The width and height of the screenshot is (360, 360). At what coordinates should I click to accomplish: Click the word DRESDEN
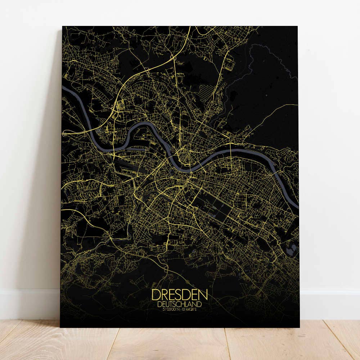[180, 295]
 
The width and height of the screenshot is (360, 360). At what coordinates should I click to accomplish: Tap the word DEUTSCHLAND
[180, 305]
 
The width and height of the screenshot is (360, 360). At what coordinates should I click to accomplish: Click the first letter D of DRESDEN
[156, 295]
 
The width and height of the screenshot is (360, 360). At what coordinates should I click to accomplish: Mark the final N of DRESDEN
[203, 295]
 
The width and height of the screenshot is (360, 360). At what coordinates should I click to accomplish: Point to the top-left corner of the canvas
[62, 26]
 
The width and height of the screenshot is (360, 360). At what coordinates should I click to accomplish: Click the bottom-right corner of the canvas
[299, 327]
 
